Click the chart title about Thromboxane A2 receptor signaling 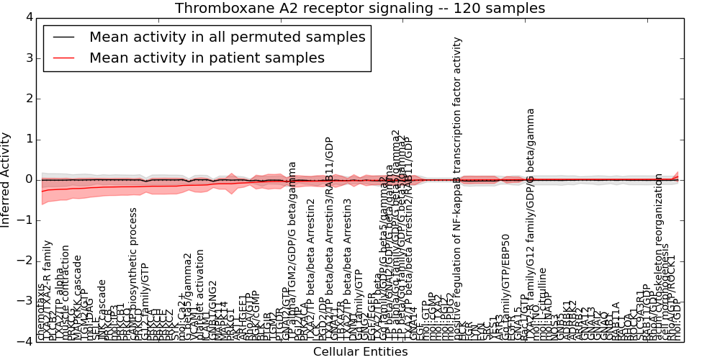click(x=360, y=9)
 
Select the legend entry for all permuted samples click(x=227, y=37)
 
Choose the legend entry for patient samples click(x=207, y=58)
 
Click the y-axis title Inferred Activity click(x=6, y=180)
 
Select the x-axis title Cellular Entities click(x=360, y=352)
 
